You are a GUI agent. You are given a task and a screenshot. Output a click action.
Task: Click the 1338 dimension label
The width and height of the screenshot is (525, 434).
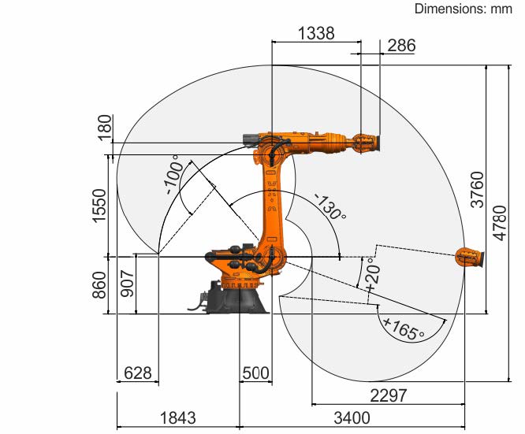[x=316, y=33]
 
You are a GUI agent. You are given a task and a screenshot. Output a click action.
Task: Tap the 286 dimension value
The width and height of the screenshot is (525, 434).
[x=401, y=46]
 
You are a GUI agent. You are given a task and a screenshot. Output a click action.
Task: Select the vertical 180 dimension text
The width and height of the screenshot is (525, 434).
[x=105, y=128]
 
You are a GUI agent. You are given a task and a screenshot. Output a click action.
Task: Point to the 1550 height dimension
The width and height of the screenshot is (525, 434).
[x=99, y=206]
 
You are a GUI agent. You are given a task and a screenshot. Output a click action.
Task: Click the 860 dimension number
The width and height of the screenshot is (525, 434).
[x=99, y=285]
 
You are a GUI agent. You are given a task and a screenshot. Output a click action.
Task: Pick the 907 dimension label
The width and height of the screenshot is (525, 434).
[x=128, y=284]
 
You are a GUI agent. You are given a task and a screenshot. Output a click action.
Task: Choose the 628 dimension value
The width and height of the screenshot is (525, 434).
[x=138, y=373]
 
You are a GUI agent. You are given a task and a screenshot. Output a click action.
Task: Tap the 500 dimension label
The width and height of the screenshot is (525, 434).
[x=255, y=373]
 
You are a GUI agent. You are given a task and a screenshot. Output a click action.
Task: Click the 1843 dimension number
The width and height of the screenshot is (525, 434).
[x=178, y=418]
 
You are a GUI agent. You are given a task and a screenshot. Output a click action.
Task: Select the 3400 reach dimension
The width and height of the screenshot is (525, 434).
[x=352, y=418]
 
